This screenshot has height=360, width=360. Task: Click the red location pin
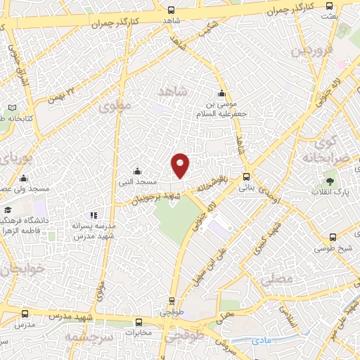coord(181,165)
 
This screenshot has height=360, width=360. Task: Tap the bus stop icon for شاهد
coord(172,10)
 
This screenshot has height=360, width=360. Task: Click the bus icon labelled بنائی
coord(246,177)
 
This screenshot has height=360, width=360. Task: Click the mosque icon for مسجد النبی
coord(137,172)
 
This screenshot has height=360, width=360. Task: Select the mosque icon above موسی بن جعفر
coord(221,94)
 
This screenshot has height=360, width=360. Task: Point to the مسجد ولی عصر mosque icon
coord(23,178)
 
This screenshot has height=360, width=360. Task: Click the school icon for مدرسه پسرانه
coord(93,215)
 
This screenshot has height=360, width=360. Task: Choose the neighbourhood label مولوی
coord(115,106)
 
